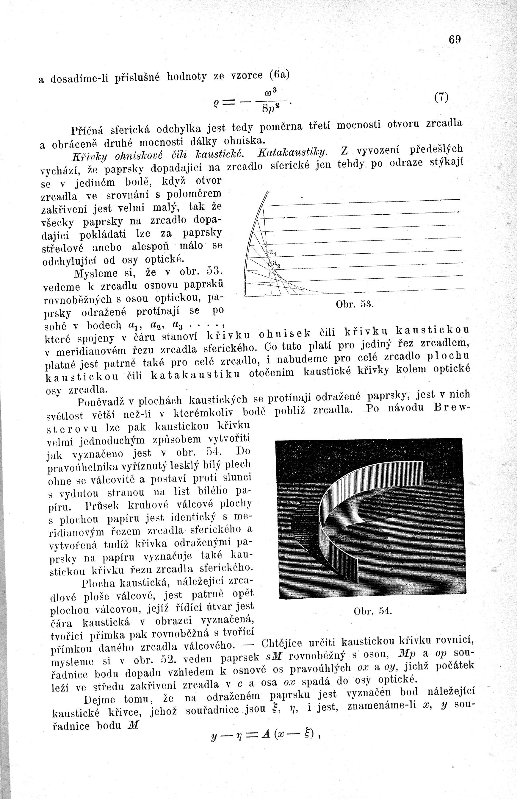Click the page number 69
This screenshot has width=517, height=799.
[x=455, y=40]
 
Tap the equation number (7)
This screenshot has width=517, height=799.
[x=441, y=97]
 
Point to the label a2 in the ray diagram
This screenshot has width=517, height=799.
[x=276, y=264]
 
